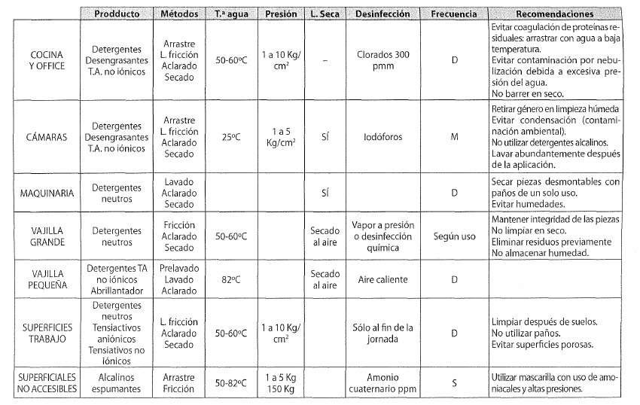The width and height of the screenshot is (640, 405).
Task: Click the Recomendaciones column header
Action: pyautogui.click(x=556, y=14)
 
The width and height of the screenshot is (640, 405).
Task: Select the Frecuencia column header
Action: pyautogui.click(x=454, y=14)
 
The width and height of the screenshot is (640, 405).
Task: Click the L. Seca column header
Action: pyautogui.click(x=325, y=14)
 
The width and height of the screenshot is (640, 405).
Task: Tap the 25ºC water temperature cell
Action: pyautogui.click(x=231, y=139)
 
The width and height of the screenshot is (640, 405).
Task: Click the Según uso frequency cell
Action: pyautogui.click(x=454, y=236)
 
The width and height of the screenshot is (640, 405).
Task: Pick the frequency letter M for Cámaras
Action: pyautogui.click(x=454, y=139)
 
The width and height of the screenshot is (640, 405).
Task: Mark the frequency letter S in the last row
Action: pyautogui.click(x=454, y=383)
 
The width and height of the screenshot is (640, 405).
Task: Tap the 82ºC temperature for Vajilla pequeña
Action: pyautogui.click(x=231, y=279)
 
